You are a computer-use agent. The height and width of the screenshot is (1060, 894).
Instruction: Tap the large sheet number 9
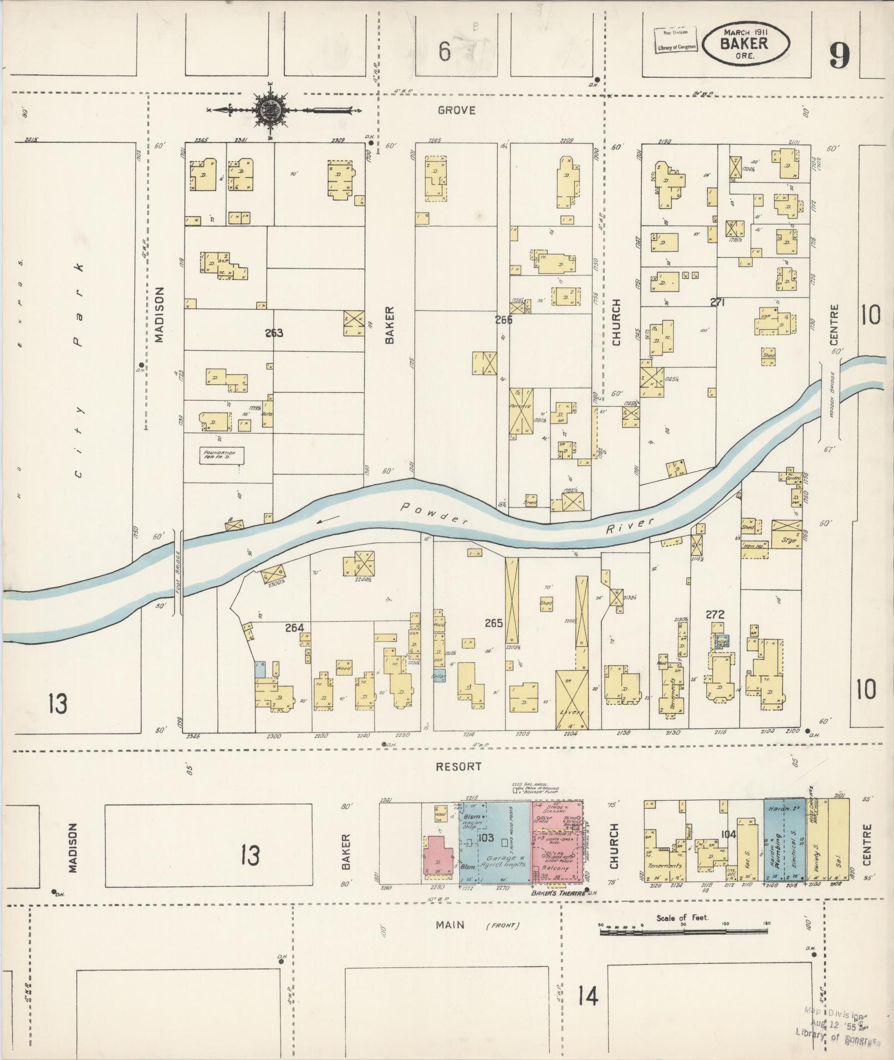pos(839,57)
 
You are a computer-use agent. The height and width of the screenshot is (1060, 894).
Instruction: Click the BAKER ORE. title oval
pos(745,44)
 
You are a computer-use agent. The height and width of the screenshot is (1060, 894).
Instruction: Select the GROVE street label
pos(456,110)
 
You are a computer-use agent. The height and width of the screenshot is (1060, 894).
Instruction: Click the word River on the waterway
pos(630,525)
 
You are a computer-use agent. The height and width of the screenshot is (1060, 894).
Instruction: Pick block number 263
pos(274,333)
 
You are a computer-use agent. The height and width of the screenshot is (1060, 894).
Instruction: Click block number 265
pos(493,623)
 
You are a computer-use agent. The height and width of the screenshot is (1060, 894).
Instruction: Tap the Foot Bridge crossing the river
pos(178,571)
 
